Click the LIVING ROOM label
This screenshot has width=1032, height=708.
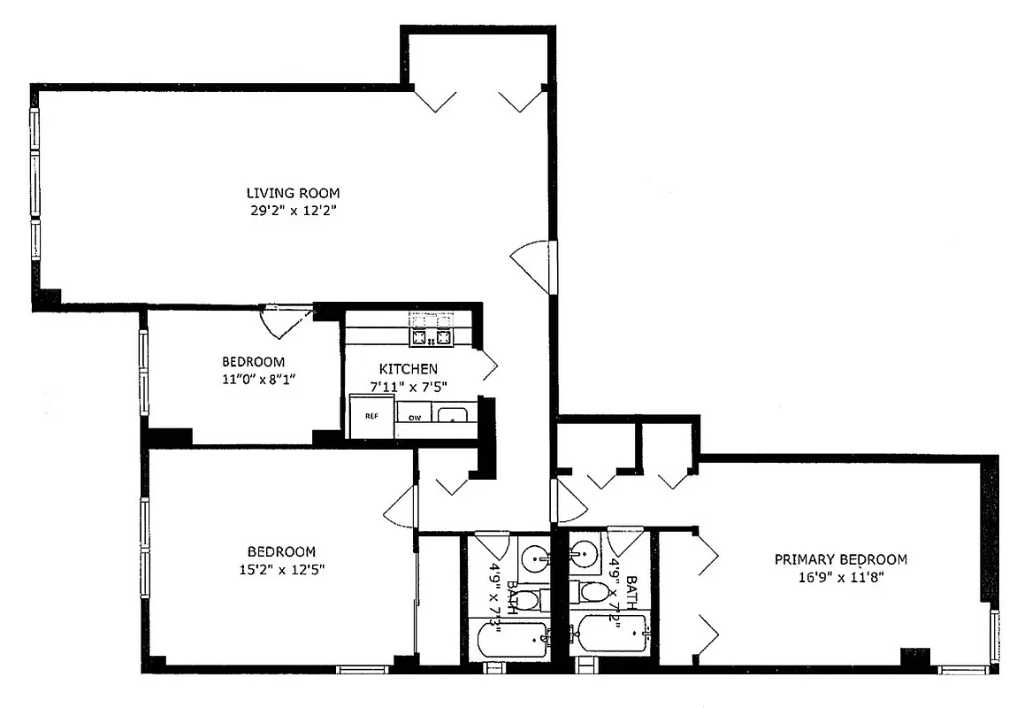click(293, 193)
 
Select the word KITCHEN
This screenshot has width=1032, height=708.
click(408, 368)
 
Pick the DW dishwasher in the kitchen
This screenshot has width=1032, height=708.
click(413, 417)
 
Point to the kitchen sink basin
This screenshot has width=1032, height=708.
click(455, 415)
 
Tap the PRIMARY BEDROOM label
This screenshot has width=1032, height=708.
click(840, 559)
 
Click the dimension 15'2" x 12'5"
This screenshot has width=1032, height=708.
click(281, 570)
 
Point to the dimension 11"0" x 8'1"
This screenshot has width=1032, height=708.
click(253, 379)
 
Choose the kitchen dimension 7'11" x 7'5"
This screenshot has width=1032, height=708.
click(408, 386)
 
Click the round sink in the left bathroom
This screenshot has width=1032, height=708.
click(533, 558)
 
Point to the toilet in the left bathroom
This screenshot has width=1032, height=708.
click(527, 601)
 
